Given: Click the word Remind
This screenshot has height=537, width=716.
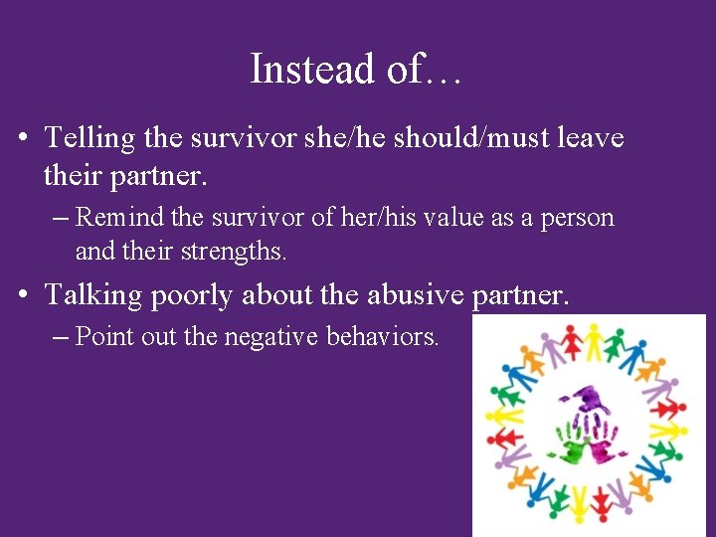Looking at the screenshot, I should (112, 217).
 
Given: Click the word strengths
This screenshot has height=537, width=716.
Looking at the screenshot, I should (235, 252).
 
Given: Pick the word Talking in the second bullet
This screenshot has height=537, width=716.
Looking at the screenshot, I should (92, 295).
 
